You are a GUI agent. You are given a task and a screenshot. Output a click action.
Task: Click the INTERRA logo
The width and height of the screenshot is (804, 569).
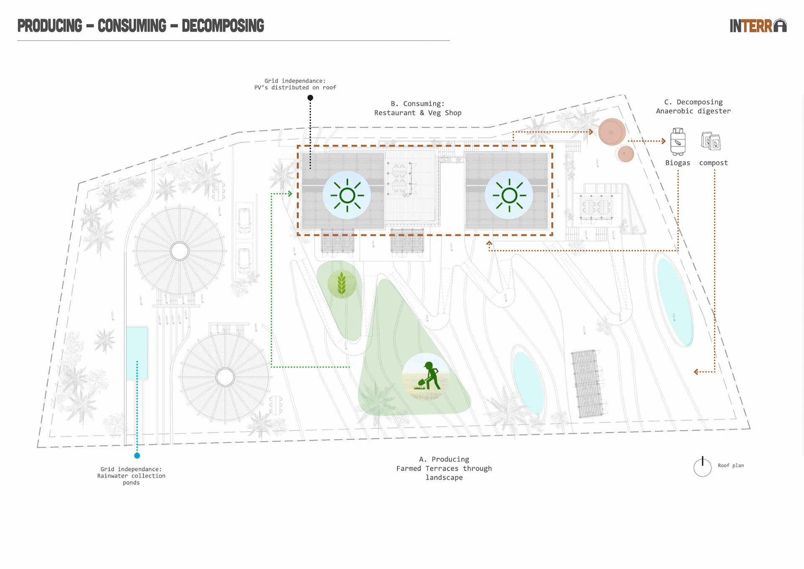(758, 26)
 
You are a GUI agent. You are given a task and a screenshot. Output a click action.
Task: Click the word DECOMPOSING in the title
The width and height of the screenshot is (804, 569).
(223, 26)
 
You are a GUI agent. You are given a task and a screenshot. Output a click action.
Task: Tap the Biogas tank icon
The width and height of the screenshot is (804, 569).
(678, 142)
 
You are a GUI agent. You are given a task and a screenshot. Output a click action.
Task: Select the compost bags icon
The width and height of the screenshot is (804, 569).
(711, 141)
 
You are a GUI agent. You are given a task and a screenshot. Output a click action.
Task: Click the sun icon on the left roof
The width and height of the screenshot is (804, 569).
(347, 195)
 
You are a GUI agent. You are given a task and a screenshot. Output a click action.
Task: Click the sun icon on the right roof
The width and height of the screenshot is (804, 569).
(509, 195)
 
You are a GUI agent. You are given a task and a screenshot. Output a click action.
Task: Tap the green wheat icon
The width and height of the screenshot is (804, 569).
(342, 284)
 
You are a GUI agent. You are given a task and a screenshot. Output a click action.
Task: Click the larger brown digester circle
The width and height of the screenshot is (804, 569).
(612, 132)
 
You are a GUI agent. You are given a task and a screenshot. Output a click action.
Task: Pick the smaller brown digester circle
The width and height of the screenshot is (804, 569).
(626, 154)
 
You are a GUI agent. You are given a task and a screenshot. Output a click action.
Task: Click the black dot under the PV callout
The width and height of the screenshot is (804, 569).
(310, 98)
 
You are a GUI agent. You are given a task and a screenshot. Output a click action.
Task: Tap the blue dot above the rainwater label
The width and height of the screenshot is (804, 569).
(137, 455)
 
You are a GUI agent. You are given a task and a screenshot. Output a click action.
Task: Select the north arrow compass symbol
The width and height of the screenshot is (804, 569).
(702, 467)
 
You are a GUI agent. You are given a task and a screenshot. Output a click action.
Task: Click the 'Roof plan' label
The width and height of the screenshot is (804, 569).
(731, 466)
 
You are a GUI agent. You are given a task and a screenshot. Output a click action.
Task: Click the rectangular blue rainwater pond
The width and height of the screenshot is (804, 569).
(137, 353)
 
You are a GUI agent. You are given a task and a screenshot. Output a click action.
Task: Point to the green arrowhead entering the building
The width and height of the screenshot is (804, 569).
(290, 194)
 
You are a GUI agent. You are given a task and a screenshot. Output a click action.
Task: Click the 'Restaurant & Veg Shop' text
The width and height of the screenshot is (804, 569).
(417, 113)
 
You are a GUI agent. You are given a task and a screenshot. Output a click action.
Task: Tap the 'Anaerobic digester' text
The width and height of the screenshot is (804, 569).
(693, 111)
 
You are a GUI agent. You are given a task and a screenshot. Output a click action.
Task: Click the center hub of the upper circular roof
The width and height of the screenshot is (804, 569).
(180, 251)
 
